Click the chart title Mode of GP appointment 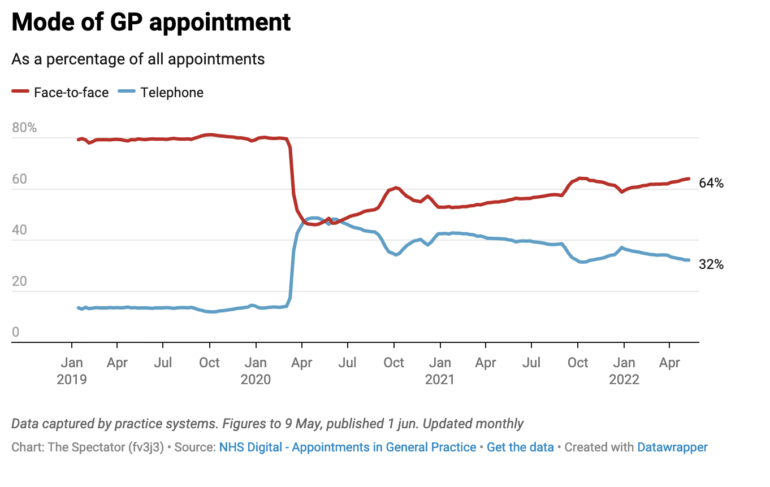click(x=151, y=23)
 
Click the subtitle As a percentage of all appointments click(x=138, y=59)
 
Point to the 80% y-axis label click(x=24, y=128)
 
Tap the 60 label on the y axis click(x=19, y=179)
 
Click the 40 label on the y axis click(x=19, y=230)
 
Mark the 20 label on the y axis click(x=19, y=281)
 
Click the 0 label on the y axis click(x=15, y=332)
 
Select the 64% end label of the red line click(x=711, y=183)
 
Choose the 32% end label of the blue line click(x=711, y=264)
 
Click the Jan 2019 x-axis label click(x=72, y=371)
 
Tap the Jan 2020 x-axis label click(x=256, y=371)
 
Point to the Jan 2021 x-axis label click(x=440, y=371)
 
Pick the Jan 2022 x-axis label click(x=624, y=371)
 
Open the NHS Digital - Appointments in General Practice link click(x=348, y=447)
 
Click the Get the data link click(x=520, y=447)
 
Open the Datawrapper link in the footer click(x=672, y=447)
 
